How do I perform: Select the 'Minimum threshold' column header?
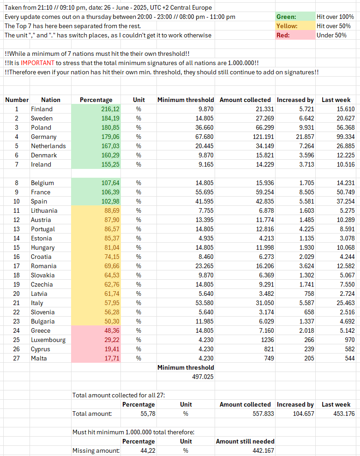pos(186,100)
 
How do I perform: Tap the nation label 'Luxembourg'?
pos(48,340)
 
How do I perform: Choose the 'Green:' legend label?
pos(286,17)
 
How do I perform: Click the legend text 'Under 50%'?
pos(331,35)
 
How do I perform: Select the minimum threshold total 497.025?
pos(203,377)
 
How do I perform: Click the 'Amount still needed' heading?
pos(245,441)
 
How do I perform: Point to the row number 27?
pos(17,358)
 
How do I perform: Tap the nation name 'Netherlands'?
pos(48,146)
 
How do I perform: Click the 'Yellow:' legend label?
pos(287,26)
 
